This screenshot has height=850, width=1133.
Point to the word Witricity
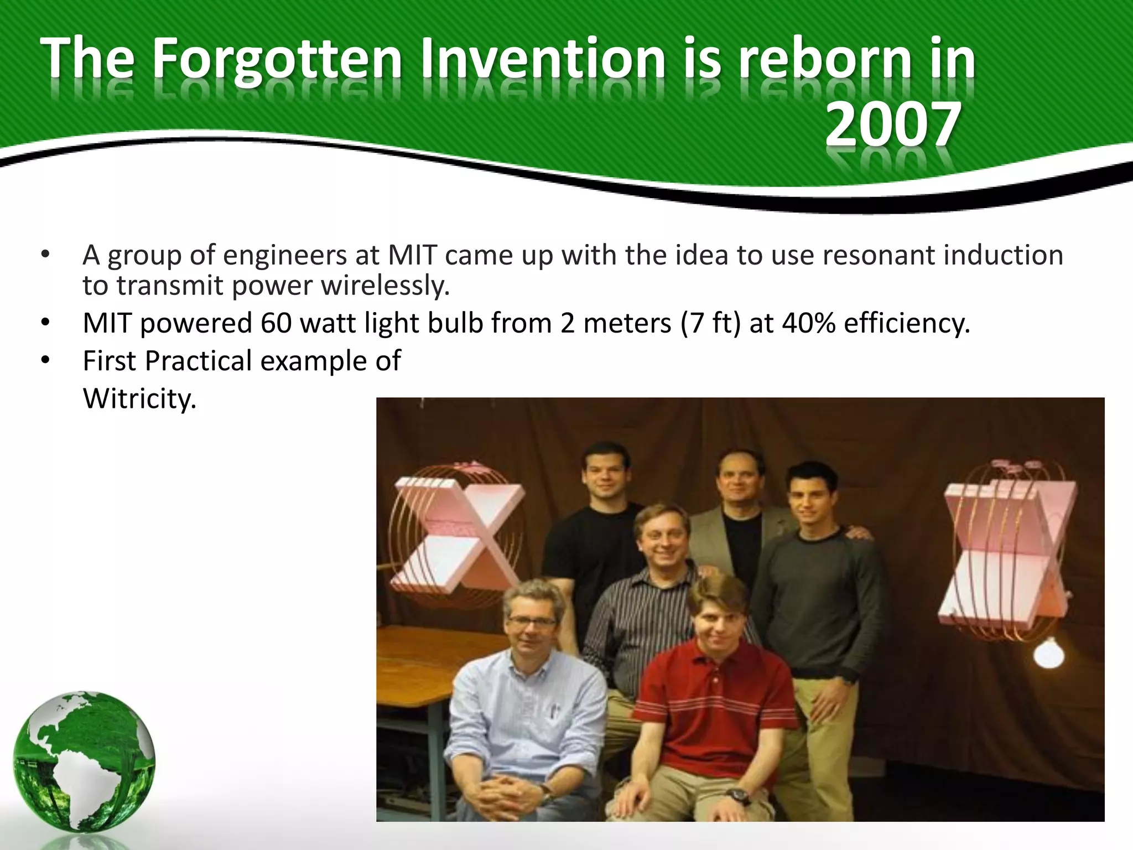[x=139, y=398]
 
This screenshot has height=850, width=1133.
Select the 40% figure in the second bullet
[x=809, y=323]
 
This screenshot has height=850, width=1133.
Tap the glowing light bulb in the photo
[x=1049, y=654]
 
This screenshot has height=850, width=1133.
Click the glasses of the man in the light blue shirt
[x=532, y=621]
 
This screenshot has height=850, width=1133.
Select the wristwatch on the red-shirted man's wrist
[x=737, y=797]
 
